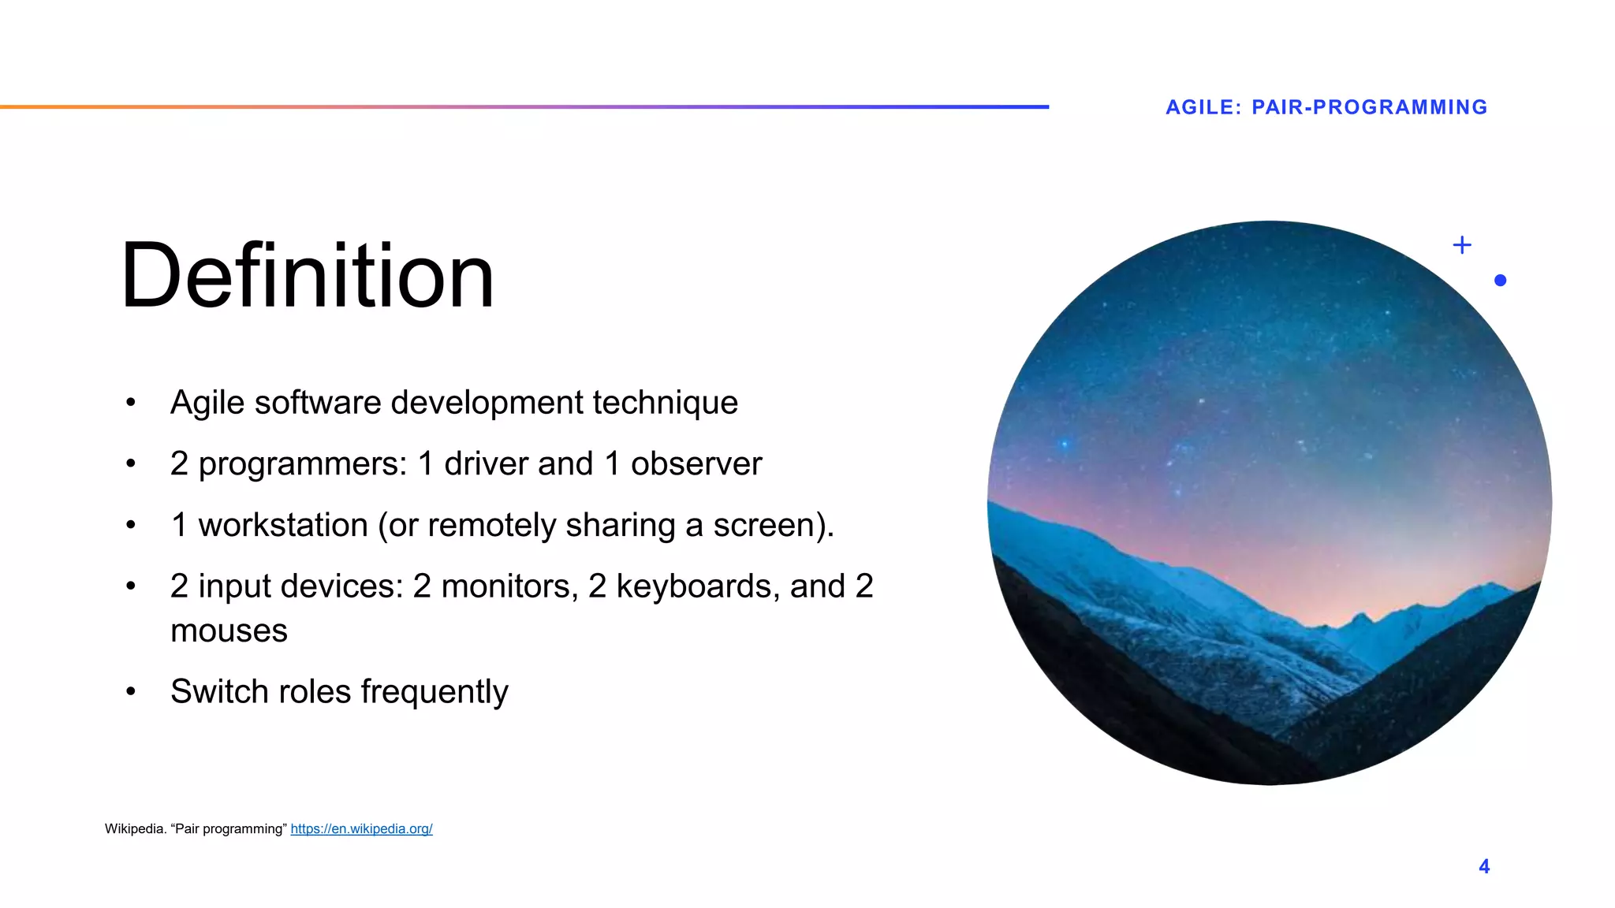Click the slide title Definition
pyautogui.click(x=308, y=276)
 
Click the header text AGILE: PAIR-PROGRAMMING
pyautogui.click(x=1326, y=107)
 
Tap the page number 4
pyautogui.click(x=1484, y=866)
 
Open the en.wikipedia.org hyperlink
pyautogui.click(x=361, y=828)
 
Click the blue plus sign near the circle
pyautogui.click(x=1462, y=245)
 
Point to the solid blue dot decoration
pyautogui.click(x=1500, y=280)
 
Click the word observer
pyautogui.click(x=696, y=463)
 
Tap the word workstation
pyautogui.click(x=283, y=525)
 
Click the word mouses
pyautogui.click(x=229, y=631)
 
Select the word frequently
pyautogui.click(x=435, y=692)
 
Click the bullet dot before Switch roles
pyautogui.click(x=131, y=692)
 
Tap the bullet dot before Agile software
pyautogui.click(x=131, y=403)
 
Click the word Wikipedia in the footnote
pyautogui.click(x=135, y=828)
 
